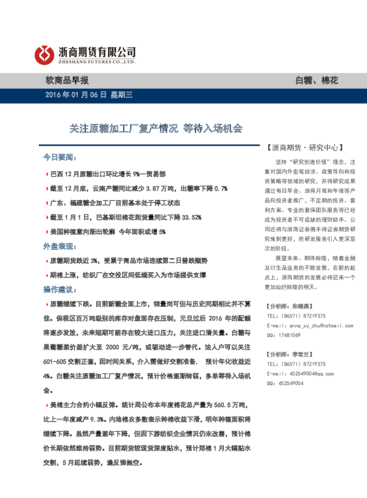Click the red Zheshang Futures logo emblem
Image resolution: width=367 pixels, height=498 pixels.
43,55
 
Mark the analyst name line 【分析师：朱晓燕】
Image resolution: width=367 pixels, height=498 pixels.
289,306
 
